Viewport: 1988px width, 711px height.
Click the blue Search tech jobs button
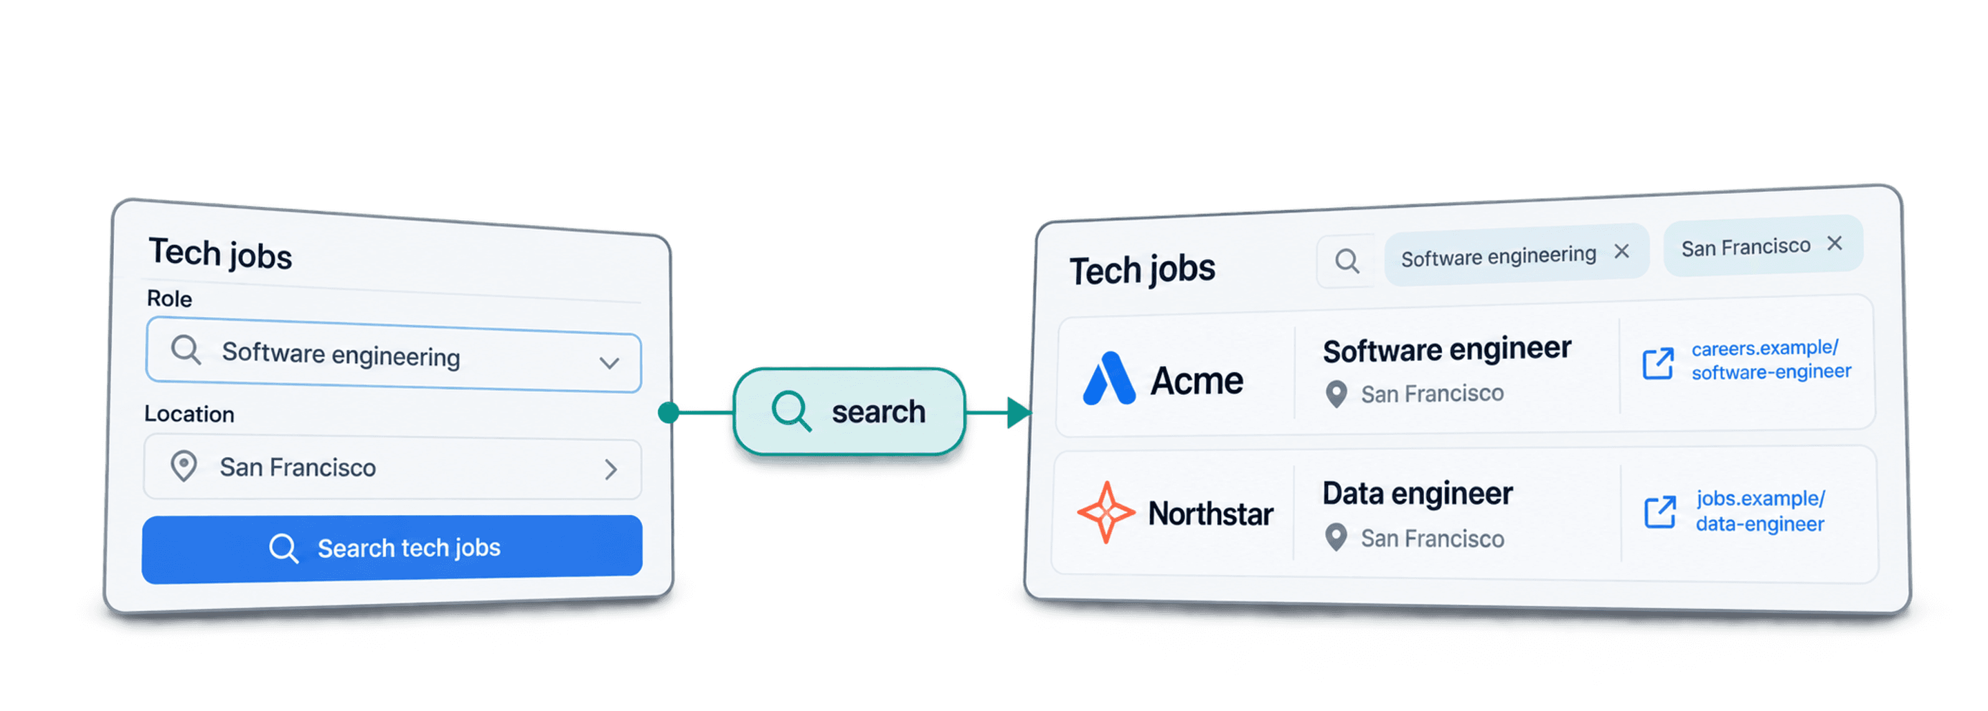click(392, 548)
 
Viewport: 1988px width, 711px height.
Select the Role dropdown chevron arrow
click(610, 363)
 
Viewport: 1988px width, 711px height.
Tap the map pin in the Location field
click(184, 466)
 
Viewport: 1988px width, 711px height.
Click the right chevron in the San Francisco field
click(611, 469)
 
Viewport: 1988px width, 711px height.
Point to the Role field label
click(170, 299)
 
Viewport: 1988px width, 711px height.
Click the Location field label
click(189, 413)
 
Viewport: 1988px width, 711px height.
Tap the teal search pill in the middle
click(849, 411)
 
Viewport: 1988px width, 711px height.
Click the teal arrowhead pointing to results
click(1019, 412)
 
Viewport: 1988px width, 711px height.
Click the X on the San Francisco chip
click(1835, 243)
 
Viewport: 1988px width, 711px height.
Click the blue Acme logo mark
click(1109, 378)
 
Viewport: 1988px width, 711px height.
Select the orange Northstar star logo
click(1106, 512)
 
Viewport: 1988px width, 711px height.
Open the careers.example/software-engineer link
click(1771, 360)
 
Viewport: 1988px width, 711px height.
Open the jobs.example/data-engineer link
click(1760, 511)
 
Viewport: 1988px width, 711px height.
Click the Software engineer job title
click(1447, 350)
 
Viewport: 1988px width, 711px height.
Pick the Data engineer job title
click(1418, 494)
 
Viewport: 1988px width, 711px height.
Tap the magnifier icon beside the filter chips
click(1347, 261)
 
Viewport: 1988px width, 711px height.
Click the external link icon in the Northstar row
click(1660, 512)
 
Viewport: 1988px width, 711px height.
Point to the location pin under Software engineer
click(1336, 394)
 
